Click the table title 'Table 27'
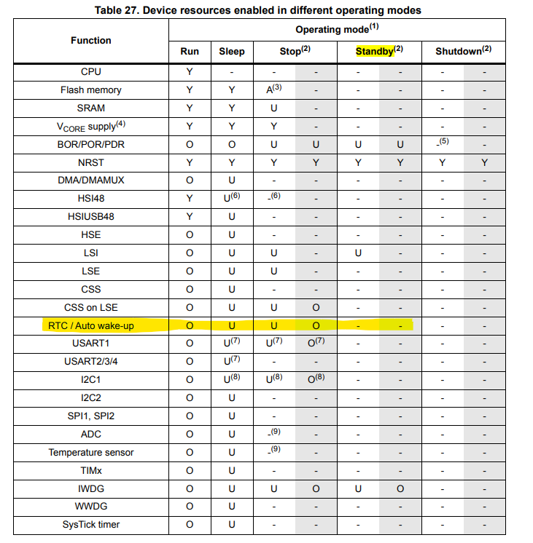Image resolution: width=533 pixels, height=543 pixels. [x=257, y=10]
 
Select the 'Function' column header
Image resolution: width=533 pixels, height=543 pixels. [x=91, y=41]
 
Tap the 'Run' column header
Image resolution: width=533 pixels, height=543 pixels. [x=190, y=52]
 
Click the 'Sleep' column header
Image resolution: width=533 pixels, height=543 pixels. [x=232, y=52]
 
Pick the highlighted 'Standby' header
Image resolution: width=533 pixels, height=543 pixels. [x=376, y=52]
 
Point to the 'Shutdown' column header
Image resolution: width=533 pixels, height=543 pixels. [x=460, y=52]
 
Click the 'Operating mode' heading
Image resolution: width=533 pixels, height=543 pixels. [x=337, y=30]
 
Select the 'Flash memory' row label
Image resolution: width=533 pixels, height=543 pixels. [x=91, y=90]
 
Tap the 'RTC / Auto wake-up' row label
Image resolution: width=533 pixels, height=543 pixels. [x=91, y=325]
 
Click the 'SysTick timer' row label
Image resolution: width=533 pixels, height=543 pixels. [x=91, y=524]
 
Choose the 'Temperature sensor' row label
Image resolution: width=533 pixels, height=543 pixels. [x=91, y=452]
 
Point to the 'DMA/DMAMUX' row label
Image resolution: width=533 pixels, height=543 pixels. [x=91, y=181]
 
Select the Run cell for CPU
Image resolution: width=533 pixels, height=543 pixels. [x=190, y=72]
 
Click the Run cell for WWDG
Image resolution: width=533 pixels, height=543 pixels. [x=190, y=506]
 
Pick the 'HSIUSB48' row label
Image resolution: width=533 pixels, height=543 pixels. [x=91, y=217]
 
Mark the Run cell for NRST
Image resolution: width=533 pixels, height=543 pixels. [x=190, y=162]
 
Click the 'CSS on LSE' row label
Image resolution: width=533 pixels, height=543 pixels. [x=91, y=307]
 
